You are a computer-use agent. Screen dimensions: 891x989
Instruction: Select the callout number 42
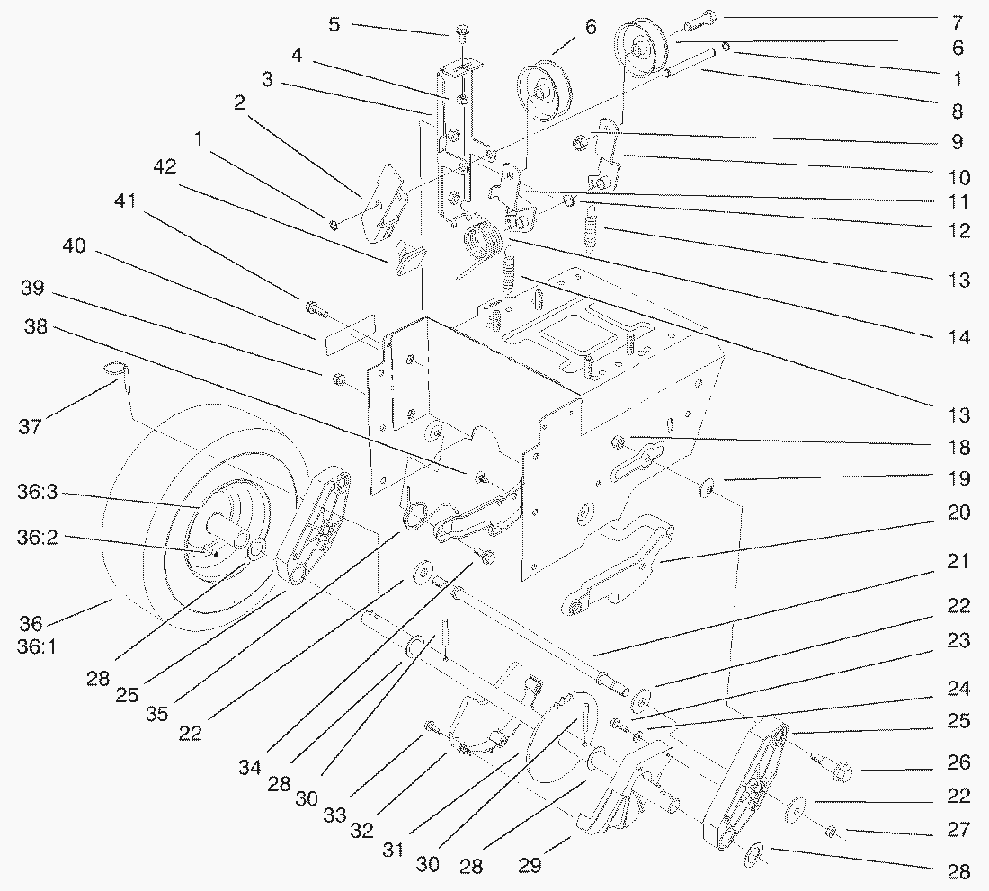[165, 166]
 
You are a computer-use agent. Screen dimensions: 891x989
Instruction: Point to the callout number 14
[958, 338]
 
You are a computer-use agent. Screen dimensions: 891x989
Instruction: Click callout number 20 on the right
[958, 512]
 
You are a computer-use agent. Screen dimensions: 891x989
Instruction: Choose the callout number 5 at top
[334, 24]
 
